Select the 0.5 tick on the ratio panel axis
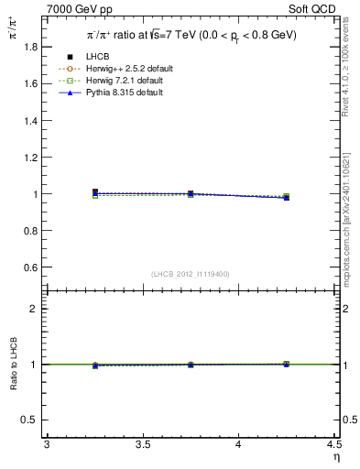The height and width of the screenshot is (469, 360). (x=35, y=420)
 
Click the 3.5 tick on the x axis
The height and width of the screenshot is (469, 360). (x=142, y=445)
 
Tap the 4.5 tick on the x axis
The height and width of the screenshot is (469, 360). (x=333, y=445)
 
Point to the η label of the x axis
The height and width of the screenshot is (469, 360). (x=335, y=456)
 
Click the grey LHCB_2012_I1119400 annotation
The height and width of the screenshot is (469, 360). (x=190, y=274)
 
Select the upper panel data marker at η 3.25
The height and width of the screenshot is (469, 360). (x=94, y=192)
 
